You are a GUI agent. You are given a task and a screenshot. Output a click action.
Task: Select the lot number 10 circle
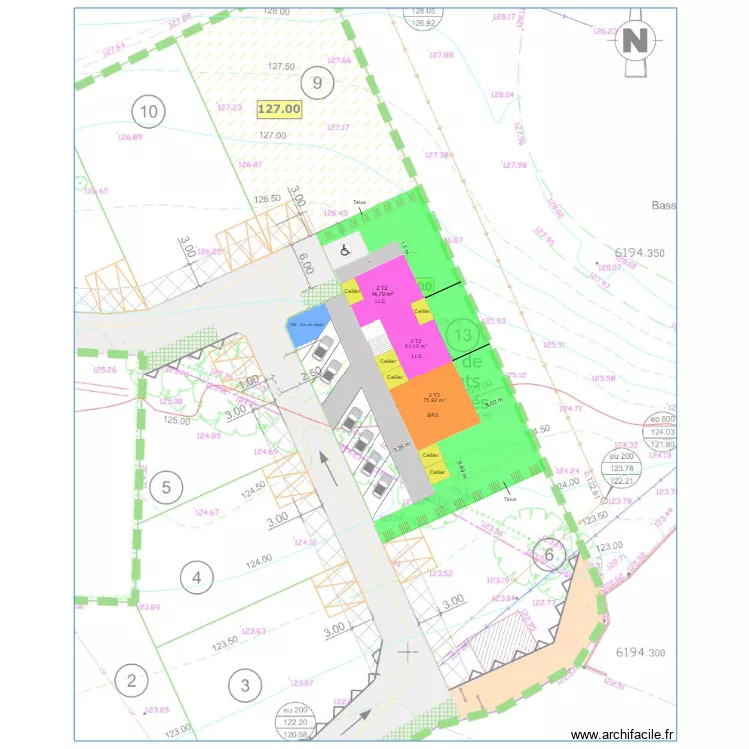pos(150,112)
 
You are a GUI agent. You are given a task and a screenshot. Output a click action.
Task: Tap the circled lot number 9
pos(317,83)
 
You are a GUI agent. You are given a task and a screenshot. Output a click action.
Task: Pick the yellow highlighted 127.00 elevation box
pos(278,109)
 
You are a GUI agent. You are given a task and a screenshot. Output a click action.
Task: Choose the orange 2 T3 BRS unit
pos(433,409)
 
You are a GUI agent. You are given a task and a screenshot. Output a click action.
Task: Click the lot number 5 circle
pos(167,488)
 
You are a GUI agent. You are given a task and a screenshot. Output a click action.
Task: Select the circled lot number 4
pos(197,576)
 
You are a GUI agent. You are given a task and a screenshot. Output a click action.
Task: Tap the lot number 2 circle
pos(131,681)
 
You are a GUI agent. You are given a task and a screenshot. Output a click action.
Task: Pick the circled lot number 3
pos(244,685)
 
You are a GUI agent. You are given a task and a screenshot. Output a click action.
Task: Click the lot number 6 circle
pos(548,555)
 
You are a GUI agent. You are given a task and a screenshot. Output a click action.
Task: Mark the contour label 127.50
pos(281,66)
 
